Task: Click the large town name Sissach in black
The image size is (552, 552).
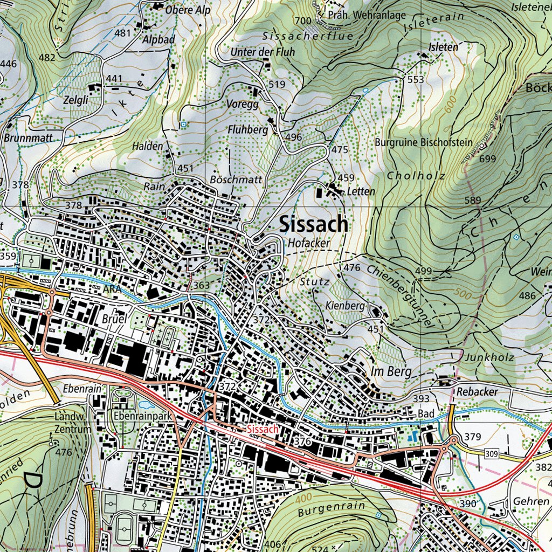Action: coord(314,225)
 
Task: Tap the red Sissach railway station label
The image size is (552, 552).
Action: coord(263,430)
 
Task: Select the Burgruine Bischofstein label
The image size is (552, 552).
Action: coord(424,143)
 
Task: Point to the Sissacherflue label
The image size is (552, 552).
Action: coord(308,36)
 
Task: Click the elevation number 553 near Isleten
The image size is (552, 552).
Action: coord(416,80)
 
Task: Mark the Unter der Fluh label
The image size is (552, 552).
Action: coord(255,52)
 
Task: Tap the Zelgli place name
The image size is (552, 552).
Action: coord(75,100)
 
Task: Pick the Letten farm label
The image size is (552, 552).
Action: coord(361,191)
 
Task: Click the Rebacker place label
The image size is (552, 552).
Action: coord(477,392)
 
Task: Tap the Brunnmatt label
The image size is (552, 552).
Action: coord(28,138)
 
